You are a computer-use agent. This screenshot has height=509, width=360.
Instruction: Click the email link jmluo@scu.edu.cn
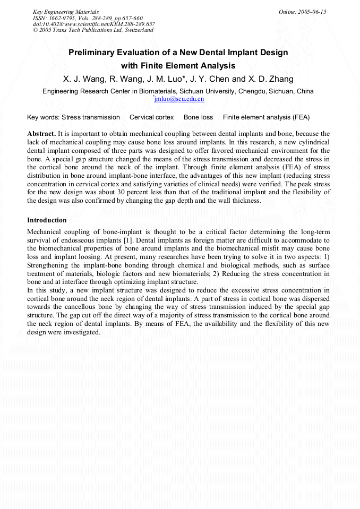(x=179, y=99)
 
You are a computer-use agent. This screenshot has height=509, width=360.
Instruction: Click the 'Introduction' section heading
(x=47, y=220)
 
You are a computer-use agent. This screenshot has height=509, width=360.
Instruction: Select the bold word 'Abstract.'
(x=41, y=134)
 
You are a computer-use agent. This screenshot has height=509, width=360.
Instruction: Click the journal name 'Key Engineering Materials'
(x=65, y=12)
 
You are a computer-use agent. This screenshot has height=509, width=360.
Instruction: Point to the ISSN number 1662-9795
(x=64, y=18)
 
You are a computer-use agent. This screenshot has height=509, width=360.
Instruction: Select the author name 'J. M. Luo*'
(x=166, y=79)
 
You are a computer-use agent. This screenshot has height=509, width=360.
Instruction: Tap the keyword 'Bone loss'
(x=198, y=117)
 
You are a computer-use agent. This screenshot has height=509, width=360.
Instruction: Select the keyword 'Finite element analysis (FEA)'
(x=266, y=117)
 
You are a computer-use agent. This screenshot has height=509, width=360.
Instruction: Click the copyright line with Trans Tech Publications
(x=93, y=30)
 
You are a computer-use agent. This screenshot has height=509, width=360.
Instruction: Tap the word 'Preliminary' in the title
(x=93, y=53)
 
